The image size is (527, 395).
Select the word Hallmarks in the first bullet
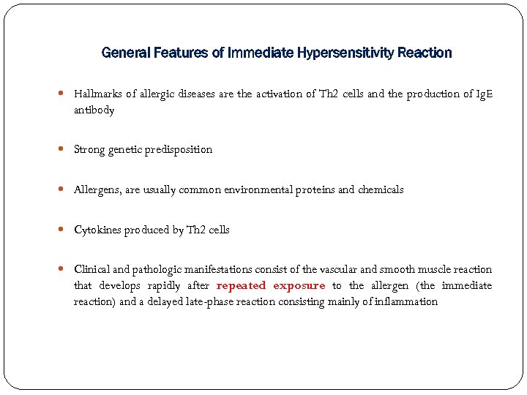pos(98,94)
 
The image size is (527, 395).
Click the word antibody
pos(94,110)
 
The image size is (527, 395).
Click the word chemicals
pos(381,189)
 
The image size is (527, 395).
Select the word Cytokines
pos(97,230)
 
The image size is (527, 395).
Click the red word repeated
pos(242,286)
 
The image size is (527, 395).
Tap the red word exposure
pos(299,286)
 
